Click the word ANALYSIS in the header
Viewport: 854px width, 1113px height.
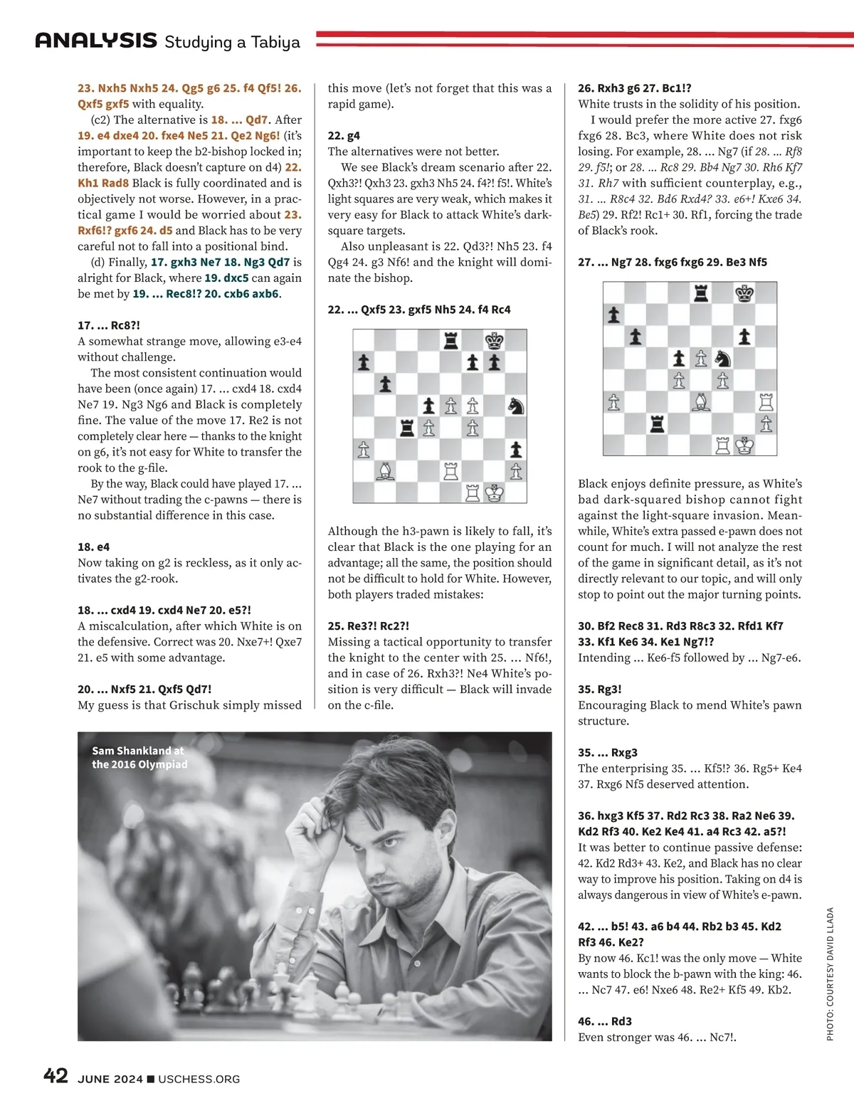[96, 41]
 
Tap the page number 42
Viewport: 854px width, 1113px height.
[56, 1075]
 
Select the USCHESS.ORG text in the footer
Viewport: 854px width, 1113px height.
[199, 1079]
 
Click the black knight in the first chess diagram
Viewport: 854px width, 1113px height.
[516, 406]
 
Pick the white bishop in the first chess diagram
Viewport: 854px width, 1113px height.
[385, 470]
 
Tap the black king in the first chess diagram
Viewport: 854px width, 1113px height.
[494, 341]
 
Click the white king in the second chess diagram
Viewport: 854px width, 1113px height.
[744, 445]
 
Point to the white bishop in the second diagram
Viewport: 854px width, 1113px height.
[701, 402]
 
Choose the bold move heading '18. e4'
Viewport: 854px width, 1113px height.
[93, 547]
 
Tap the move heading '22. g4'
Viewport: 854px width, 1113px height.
[344, 135]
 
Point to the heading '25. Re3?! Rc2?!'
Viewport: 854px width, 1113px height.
[368, 626]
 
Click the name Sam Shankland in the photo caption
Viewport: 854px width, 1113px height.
[132, 751]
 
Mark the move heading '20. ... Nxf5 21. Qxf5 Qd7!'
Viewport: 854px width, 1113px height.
[144, 689]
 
